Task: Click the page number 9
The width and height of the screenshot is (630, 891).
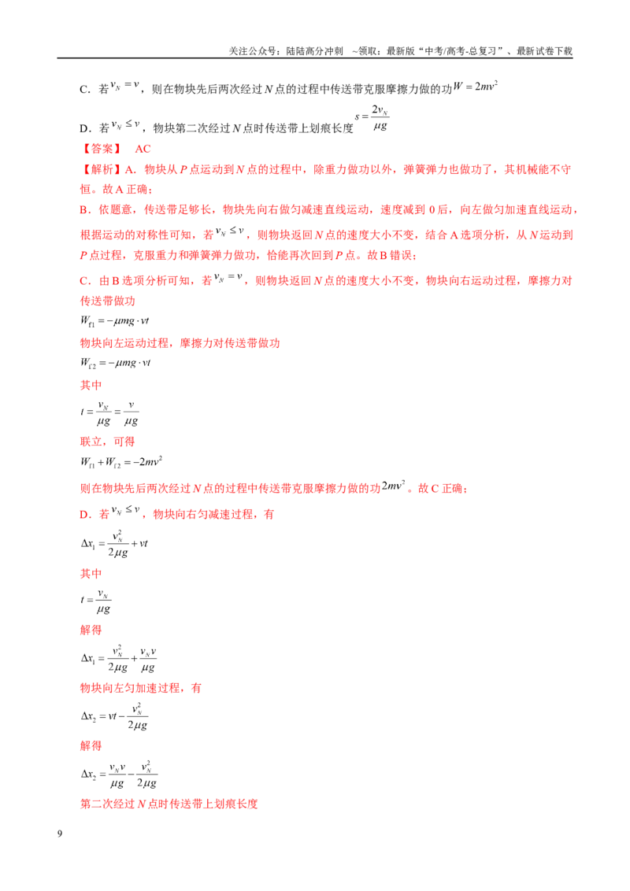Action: (60, 834)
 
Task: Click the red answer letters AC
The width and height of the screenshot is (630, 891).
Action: (143, 149)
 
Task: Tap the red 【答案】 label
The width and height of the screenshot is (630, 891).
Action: (102, 149)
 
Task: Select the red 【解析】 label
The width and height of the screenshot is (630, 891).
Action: (101, 169)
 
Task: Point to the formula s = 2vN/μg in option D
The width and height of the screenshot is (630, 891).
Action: (372, 117)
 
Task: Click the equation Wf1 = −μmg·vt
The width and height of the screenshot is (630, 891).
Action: (114, 321)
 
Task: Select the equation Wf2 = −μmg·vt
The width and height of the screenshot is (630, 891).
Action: (115, 363)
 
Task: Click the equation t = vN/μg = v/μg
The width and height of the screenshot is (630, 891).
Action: (109, 412)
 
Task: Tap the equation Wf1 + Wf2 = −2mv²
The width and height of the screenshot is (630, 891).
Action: (121, 461)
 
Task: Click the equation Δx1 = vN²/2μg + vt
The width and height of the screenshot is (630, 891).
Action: (114, 544)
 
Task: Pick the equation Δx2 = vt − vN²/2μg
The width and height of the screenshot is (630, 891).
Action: (114, 716)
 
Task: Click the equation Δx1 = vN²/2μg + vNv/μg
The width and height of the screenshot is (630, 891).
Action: (119, 659)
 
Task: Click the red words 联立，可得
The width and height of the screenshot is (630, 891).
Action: (107, 442)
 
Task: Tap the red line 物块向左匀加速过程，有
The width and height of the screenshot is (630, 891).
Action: (140, 688)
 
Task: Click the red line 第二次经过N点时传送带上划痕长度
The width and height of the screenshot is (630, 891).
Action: (169, 804)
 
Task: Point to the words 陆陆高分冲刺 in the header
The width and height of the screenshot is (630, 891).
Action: (314, 51)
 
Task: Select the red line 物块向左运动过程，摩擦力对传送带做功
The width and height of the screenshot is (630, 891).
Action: (180, 343)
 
